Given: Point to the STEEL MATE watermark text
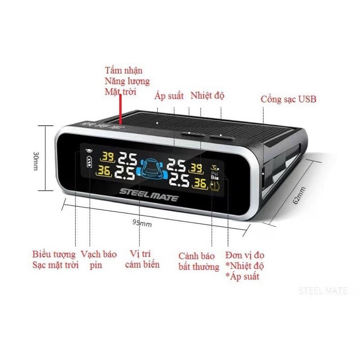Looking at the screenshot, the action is [x=323, y=291].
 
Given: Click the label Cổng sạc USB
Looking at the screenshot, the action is [x=288, y=99].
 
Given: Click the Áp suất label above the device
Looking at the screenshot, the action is [x=169, y=96].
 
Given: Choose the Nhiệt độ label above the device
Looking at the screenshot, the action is [x=207, y=96].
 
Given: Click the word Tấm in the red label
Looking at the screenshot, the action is [x=112, y=71].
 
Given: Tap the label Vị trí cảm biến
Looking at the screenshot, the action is [x=142, y=260].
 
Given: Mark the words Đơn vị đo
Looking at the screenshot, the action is [x=245, y=255].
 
